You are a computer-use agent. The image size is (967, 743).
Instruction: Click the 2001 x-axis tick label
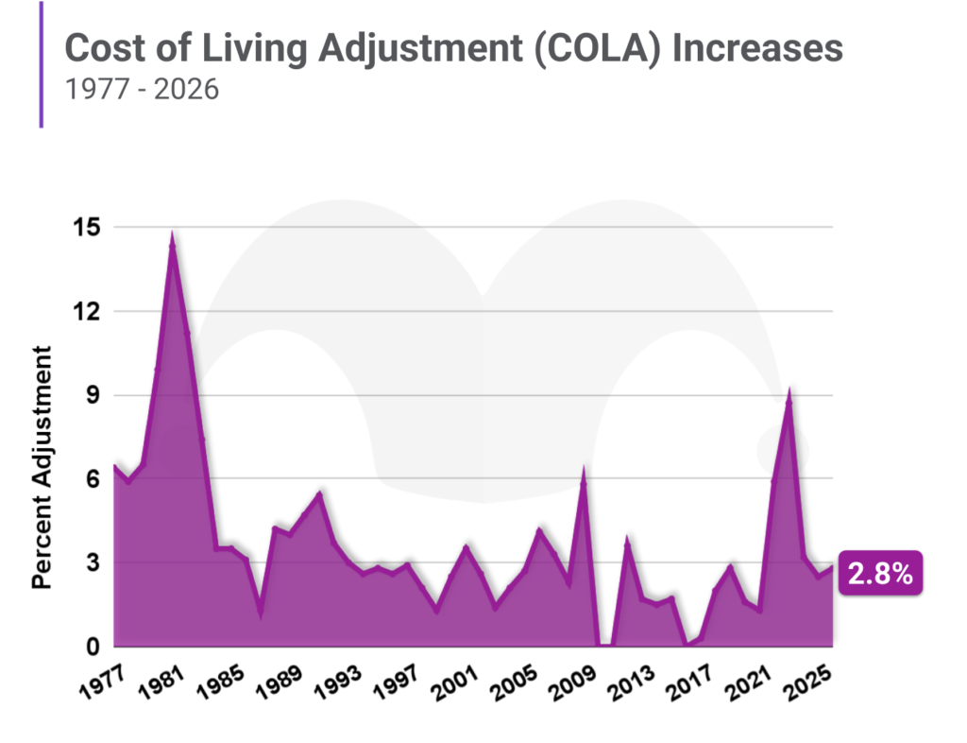(453, 683)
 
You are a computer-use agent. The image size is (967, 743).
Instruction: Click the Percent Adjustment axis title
(42, 467)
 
